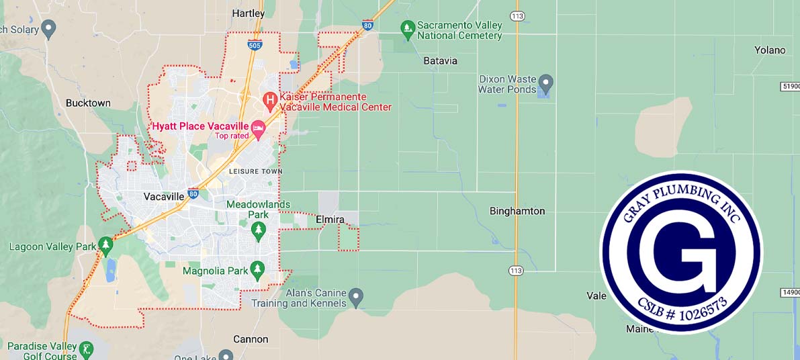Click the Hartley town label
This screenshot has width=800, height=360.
coord(248,13)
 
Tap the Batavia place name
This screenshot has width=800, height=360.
coord(440,60)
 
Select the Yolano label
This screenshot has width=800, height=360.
coord(769,50)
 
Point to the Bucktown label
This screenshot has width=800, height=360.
coord(88,103)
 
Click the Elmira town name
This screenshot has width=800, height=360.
coord(330,220)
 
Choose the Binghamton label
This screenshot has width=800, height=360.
coord(517,211)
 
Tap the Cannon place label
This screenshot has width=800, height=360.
coord(251,339)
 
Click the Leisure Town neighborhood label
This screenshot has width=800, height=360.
coord(253,172)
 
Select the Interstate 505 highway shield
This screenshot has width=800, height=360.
coord(255,45)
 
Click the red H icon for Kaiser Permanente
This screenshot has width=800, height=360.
coord(269,101)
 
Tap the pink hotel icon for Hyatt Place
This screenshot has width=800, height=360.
coord(258,127)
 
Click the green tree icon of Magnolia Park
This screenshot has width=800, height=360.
coord(257,271)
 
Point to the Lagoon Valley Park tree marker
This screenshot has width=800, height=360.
coord(105,246)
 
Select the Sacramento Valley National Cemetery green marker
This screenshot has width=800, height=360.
coord(407,30)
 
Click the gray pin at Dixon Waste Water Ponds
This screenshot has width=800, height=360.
coord(545,83)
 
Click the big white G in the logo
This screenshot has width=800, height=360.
coord(679,252)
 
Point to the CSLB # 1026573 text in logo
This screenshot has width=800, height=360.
coord(679,308)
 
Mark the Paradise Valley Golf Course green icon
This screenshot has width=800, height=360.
coord(87,350)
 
